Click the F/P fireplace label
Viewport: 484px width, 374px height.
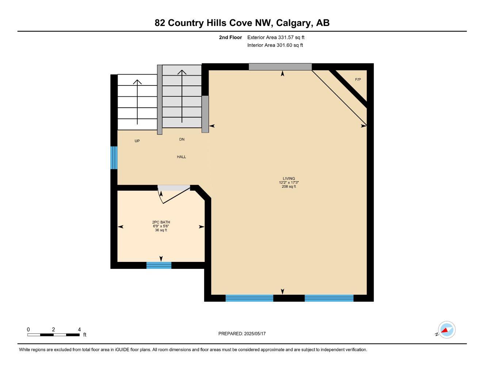coord(358,80)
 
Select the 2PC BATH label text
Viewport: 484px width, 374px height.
coord(161,222)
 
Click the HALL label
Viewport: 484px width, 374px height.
coord(182,157)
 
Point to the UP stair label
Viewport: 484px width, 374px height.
coord(137,141)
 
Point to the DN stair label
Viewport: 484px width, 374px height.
coord(182,140)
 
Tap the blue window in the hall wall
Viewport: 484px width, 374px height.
coord(114,158)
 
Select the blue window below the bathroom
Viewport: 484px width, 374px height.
coord(159,266)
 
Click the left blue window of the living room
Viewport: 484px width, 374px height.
coord(249,298)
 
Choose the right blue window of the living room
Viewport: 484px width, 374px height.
coord(329,298)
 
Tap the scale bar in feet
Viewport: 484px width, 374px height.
coord(54,335)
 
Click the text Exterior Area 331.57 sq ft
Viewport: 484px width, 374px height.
coord(276,37)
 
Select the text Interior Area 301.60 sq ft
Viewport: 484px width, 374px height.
coord(275,45)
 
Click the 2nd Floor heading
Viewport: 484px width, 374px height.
coord(230,37)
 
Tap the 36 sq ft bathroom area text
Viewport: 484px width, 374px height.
coord(161,230)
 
